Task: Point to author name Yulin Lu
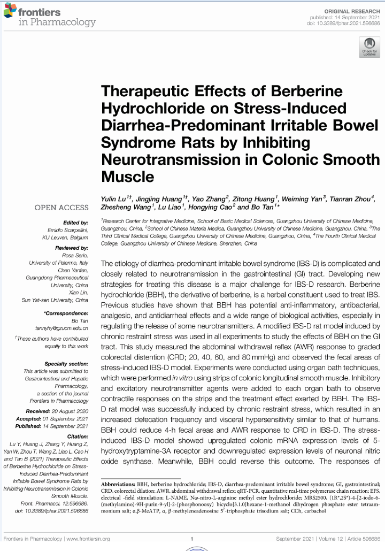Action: pos(116,199)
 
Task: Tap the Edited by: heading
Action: pos(75,223)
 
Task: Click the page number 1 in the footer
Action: pos(191,539)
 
